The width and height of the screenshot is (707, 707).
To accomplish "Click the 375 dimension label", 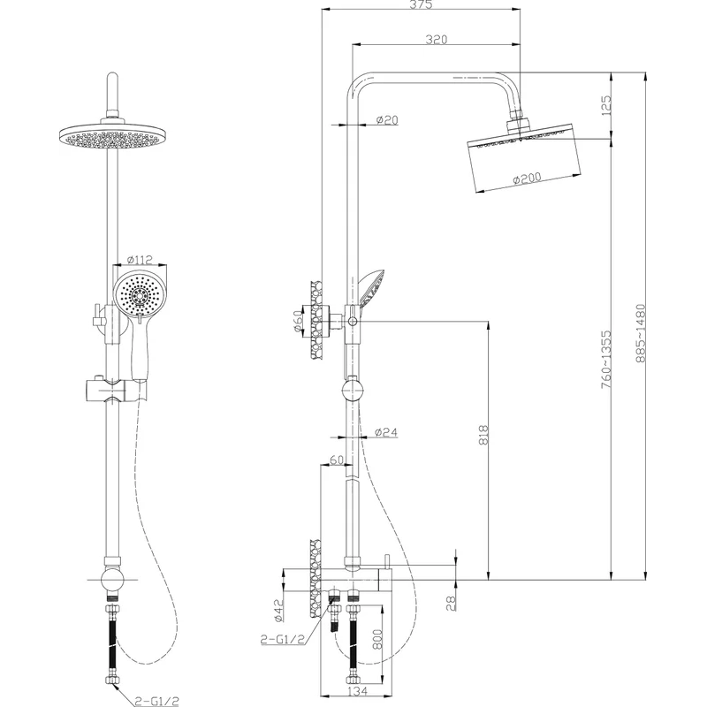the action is tap(421, 4).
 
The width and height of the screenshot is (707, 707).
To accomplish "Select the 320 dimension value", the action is tap(437, 40).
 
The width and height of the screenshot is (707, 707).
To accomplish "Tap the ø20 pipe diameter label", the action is tap(387, 119).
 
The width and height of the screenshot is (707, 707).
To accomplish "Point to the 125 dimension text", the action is tap(606, 104).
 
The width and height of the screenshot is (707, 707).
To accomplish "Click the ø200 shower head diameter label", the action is tap(527, 179).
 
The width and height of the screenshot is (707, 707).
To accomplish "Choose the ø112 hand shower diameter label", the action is tap(140, 260).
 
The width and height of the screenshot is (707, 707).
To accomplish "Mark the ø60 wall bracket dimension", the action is tap(299, 321).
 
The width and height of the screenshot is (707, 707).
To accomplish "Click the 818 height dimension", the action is tap(483, 434).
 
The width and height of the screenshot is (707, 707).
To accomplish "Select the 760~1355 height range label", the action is tap(606, 360).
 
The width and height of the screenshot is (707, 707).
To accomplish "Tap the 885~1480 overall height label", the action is tap(640, 333).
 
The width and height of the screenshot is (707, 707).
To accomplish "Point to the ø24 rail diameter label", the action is tap(386, 432).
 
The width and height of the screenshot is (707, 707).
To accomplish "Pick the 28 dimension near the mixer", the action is tap(452, 602).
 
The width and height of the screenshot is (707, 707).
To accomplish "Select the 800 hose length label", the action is tap(377, 639).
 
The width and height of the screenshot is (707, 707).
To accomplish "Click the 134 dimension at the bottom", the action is tap(358, 691).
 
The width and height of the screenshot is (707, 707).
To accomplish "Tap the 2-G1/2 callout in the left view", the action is tap(157, 701).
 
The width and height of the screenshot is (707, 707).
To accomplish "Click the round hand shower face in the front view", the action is tap(141, 294).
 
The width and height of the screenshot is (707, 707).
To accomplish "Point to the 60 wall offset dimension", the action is tap(337, 460).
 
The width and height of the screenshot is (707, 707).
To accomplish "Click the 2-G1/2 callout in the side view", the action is tap(283, 639).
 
